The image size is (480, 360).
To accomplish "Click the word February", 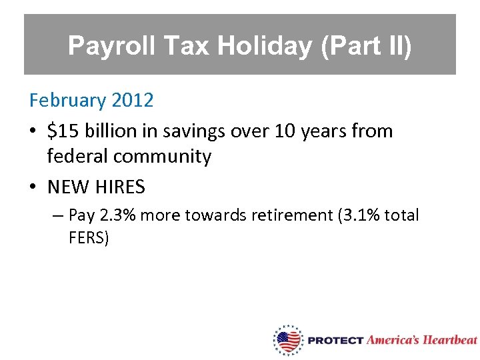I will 67,101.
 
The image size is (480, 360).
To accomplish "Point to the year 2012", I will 133,101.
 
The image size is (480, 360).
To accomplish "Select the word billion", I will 110,131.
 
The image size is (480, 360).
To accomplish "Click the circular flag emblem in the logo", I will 288,341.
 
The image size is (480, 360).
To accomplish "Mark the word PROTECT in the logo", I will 335,341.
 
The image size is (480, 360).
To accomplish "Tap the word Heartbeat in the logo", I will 451,340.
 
